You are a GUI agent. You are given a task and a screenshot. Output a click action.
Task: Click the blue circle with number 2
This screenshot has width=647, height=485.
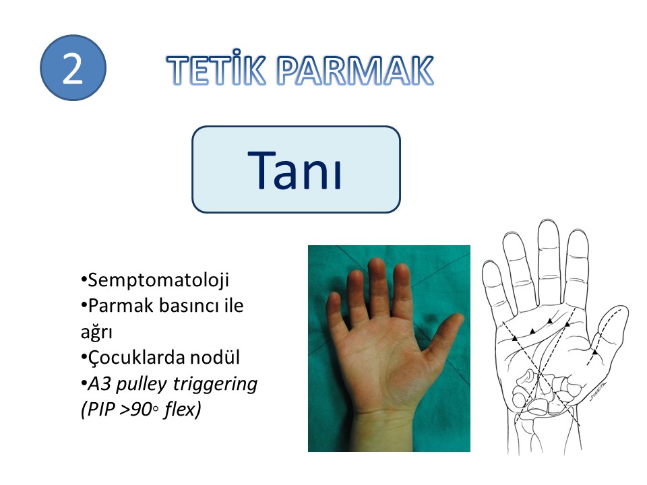pos(73,67)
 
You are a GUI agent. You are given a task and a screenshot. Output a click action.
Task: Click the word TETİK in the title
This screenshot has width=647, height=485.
pos(216,69)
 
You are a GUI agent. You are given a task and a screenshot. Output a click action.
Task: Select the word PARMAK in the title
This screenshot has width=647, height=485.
pos(355,70)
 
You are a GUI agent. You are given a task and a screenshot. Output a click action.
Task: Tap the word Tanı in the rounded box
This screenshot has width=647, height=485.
pos(295,170)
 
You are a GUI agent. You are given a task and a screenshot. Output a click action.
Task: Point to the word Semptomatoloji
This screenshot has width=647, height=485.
pos(158,280)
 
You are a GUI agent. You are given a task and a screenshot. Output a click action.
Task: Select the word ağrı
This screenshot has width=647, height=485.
pos(96,332)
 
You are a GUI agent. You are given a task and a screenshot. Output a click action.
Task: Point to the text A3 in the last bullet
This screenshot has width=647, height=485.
pos(100,383)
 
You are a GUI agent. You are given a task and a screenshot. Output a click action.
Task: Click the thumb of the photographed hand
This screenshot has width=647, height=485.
pos(441,337)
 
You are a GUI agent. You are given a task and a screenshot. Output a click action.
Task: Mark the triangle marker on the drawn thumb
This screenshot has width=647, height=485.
pos(594,352)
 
